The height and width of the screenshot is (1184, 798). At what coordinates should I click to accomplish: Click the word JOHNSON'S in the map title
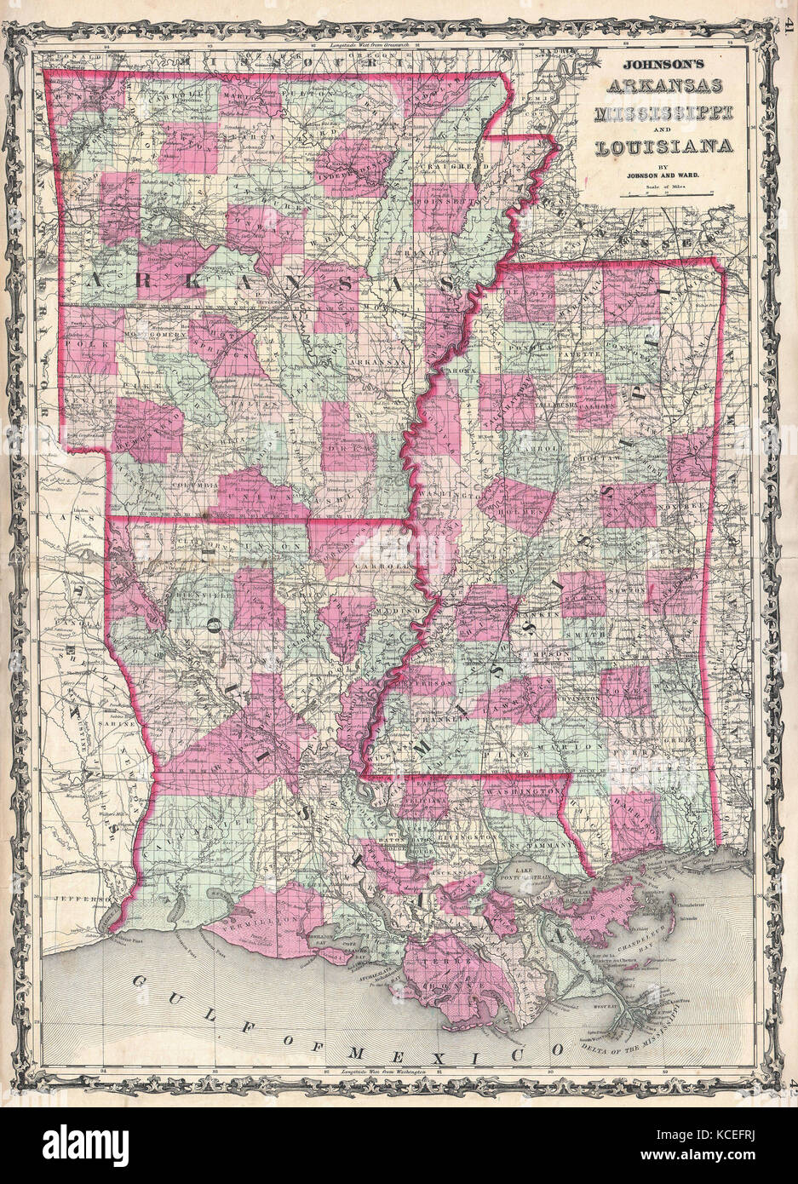[664, 64]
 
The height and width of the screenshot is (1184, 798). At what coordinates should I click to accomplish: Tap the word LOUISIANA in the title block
[664, 145]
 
